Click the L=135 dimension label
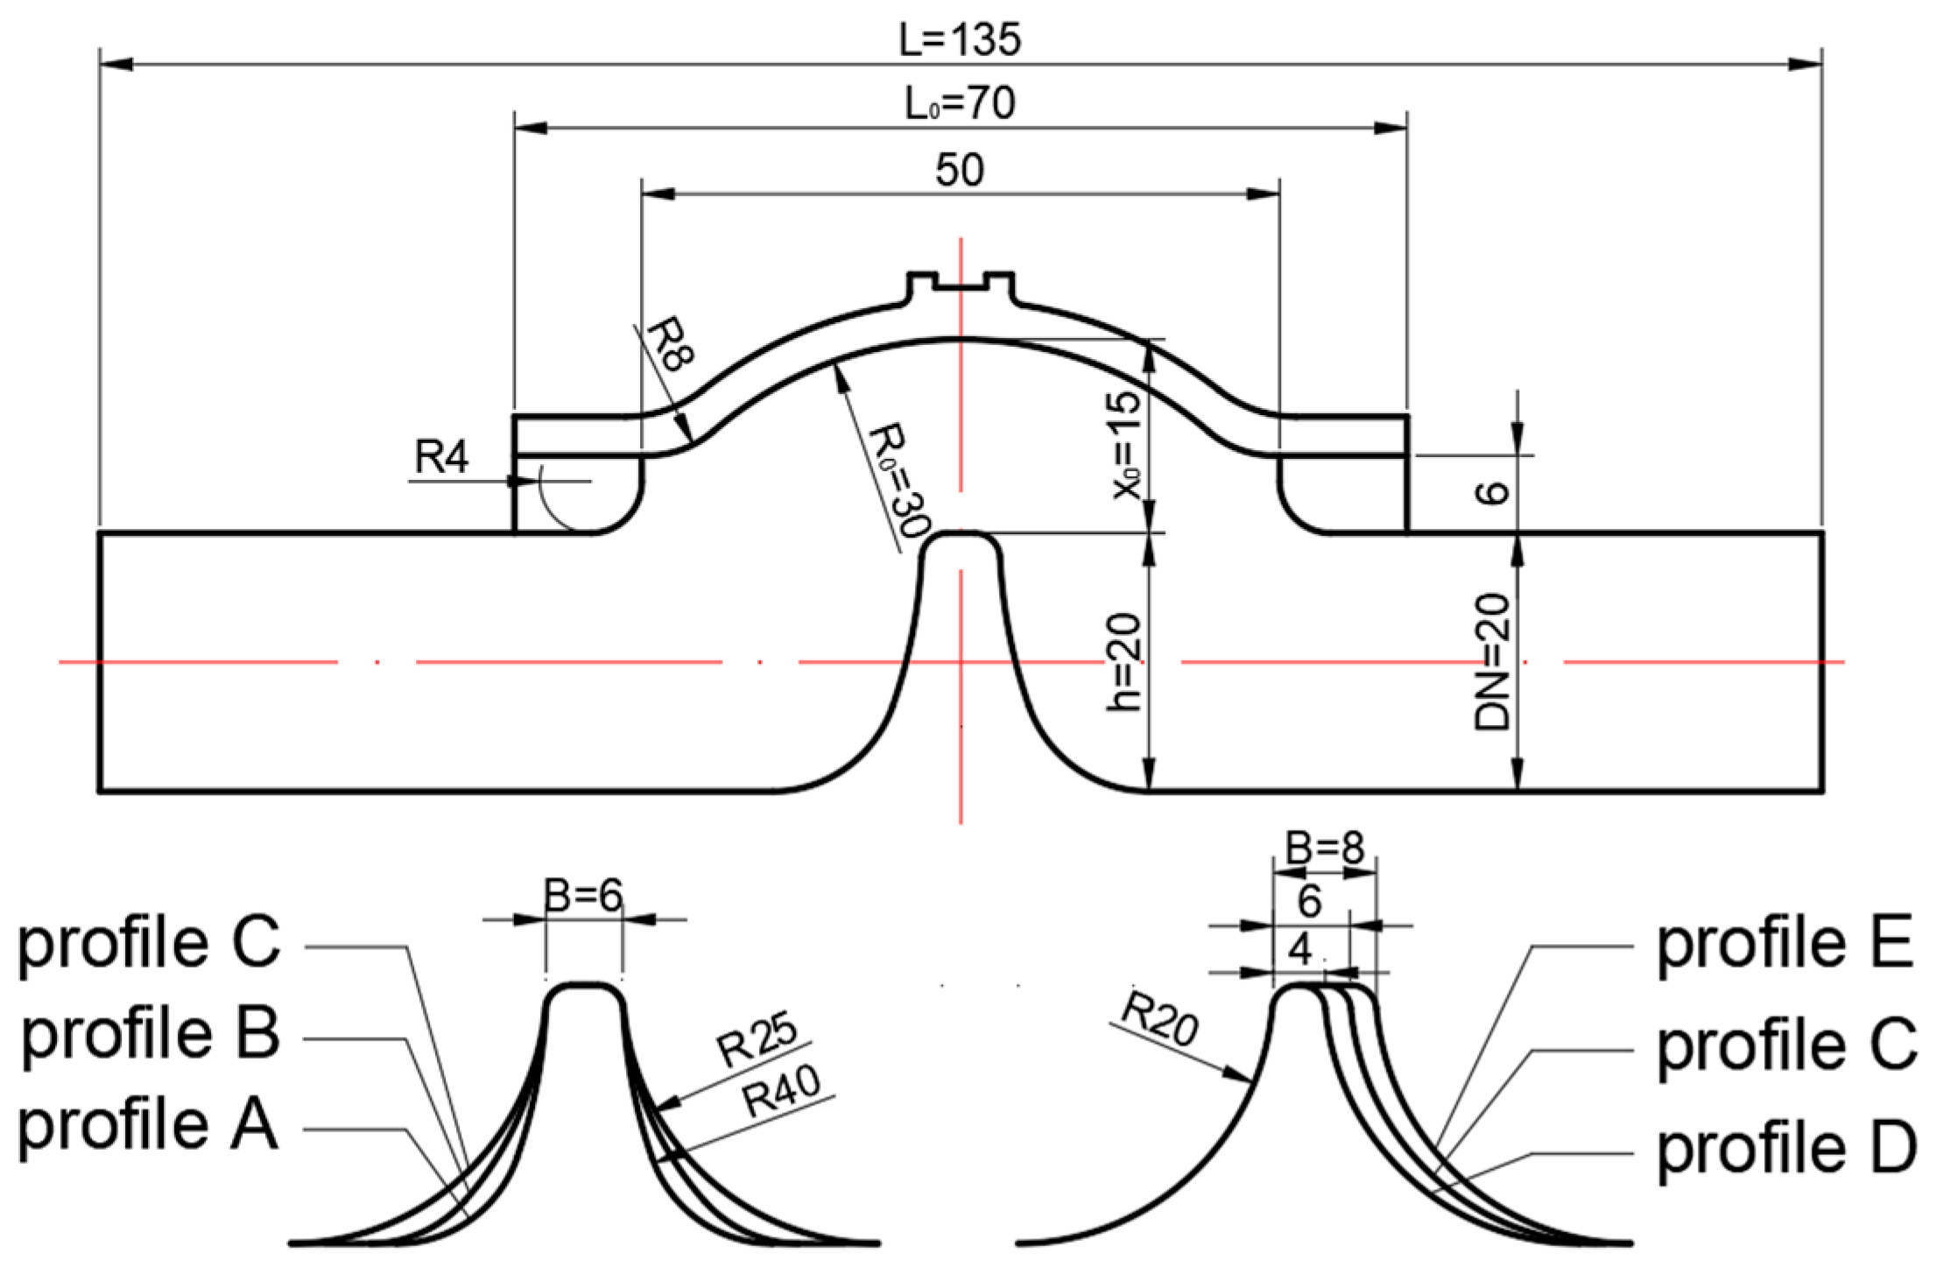coord(960,39)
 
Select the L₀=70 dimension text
coord(960,103)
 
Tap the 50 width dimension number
coord(960,169)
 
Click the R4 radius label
coord(441,457)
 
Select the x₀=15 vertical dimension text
coord(1127,445)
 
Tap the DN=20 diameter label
coord(1492,661)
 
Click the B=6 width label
coord(583,895)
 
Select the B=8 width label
coord(1324,848)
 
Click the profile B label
coord(151,1033)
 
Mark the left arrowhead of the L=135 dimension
coord(116,64)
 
